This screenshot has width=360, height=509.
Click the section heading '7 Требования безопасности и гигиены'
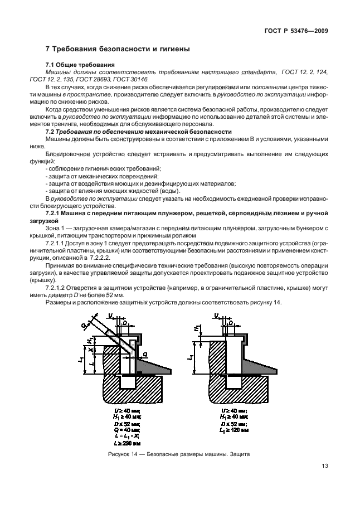[118, 49]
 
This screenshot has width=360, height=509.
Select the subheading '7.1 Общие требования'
[80, 65]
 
